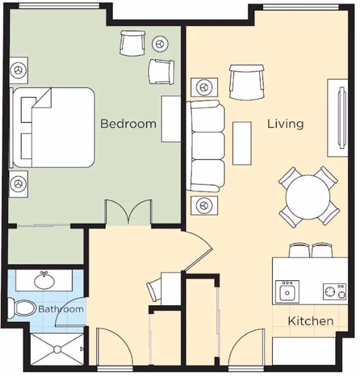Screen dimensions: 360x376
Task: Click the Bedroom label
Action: point(129,124)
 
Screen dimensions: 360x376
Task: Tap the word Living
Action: point(285,124)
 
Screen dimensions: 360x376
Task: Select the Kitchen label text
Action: point(311,321)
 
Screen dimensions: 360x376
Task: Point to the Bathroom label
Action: point(61,309)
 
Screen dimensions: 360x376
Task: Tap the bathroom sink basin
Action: point(44,281)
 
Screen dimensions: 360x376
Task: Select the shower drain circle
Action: point(57,350)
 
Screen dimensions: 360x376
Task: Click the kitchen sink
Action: point(287,292)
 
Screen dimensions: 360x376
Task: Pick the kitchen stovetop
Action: point(335,292)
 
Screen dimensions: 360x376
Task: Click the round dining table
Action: point(308,197)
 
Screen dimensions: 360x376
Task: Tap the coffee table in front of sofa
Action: point(242,143)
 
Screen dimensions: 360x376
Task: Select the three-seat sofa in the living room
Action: point(206,146)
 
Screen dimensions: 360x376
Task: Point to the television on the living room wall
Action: point(342,118)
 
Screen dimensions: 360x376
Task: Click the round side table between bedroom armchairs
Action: point(160,44)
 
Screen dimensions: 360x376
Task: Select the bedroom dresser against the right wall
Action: point(171,119)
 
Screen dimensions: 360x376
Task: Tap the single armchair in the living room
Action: point(247,82)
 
